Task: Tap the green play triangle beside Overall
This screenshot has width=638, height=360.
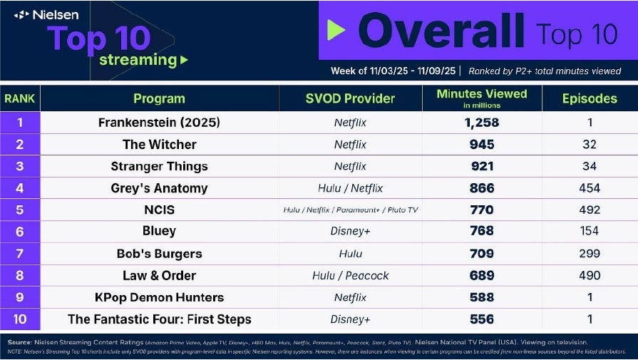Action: pos(336,29)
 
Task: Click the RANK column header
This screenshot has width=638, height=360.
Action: pos(20,98)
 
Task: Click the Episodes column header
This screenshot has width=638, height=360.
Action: pos(589,98)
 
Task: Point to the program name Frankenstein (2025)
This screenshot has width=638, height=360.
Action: pos(159,123)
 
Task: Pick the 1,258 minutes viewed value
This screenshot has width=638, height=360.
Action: pos(481,123)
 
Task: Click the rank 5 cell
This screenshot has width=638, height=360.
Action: pos(20,210)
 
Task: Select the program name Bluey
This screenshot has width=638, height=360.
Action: pos(159,231)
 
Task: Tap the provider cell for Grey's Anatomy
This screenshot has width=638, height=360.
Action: pos(350,188)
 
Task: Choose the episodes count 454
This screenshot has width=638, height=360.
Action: pos(590,188)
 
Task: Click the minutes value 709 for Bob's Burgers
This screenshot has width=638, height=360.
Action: pos(481,253)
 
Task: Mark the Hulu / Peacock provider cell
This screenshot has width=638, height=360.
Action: pos(350,275)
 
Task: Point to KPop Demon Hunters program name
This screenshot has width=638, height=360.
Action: pos(159,297)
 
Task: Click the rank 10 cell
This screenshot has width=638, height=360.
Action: pos(20,319)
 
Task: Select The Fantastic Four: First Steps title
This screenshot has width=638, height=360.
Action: pos(159,319)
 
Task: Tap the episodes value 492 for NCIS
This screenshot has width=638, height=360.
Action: pos(590,210)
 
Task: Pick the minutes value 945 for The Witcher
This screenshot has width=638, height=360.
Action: pos(481,145)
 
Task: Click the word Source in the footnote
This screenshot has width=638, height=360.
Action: pos(18,342)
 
